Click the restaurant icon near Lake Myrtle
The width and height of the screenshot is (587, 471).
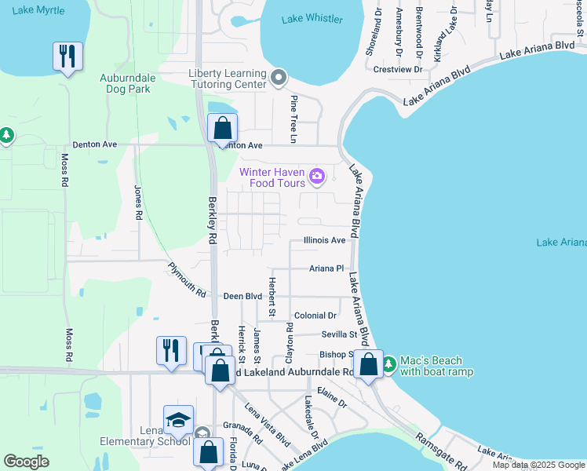tap(67, 56)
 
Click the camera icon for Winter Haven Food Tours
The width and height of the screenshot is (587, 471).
tap(317, 176)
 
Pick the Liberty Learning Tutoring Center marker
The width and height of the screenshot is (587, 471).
tap(279, 77)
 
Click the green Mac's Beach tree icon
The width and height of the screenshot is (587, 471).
tap(389, 365)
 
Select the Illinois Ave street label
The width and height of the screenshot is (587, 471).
tap(325, 240)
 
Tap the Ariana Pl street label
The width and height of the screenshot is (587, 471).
tap(326, 268)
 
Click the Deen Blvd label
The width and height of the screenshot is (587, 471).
tap(242, 297)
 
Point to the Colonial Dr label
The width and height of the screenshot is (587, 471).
tap(315, 315)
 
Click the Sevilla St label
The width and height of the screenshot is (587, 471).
tap(339, 334)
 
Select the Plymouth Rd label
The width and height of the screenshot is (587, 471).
tap(187, 280)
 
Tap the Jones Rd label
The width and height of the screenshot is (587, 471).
tap(138, 202)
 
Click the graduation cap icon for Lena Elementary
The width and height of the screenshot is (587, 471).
tap(178, 419)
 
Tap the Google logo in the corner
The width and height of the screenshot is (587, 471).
tap(25, 462)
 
